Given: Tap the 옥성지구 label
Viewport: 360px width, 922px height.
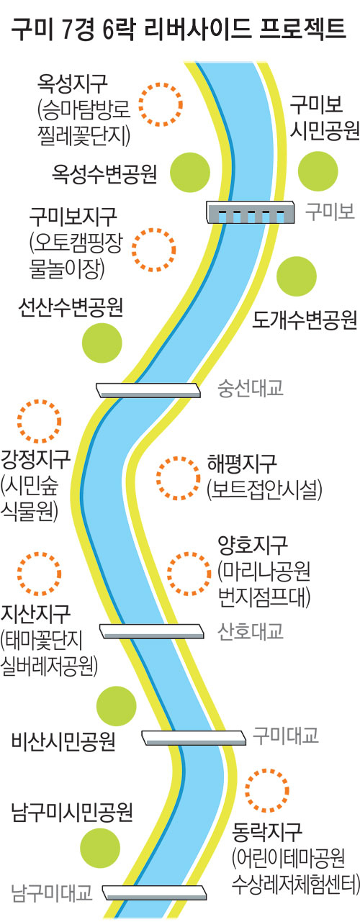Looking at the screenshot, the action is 73,83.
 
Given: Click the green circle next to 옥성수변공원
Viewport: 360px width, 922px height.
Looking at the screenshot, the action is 190,173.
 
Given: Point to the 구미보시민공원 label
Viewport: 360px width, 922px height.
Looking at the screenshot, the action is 325,117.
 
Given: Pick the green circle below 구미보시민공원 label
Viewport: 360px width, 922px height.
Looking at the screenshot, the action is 318,171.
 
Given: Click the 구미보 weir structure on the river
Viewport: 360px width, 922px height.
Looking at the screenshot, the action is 250,212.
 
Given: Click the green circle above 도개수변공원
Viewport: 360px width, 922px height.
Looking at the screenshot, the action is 297,276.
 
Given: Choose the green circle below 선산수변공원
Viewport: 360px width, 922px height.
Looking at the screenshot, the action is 102,343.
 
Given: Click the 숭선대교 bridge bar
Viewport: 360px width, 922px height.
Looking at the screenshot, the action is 149,390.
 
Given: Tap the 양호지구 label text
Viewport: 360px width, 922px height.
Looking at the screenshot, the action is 253,545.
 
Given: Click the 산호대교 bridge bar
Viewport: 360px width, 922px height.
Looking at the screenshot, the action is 152,631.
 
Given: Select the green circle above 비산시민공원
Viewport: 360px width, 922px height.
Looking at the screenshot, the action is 116,706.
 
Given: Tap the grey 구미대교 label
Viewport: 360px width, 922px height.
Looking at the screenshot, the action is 285,735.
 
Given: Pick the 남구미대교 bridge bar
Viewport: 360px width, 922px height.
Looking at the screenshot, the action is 155,892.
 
